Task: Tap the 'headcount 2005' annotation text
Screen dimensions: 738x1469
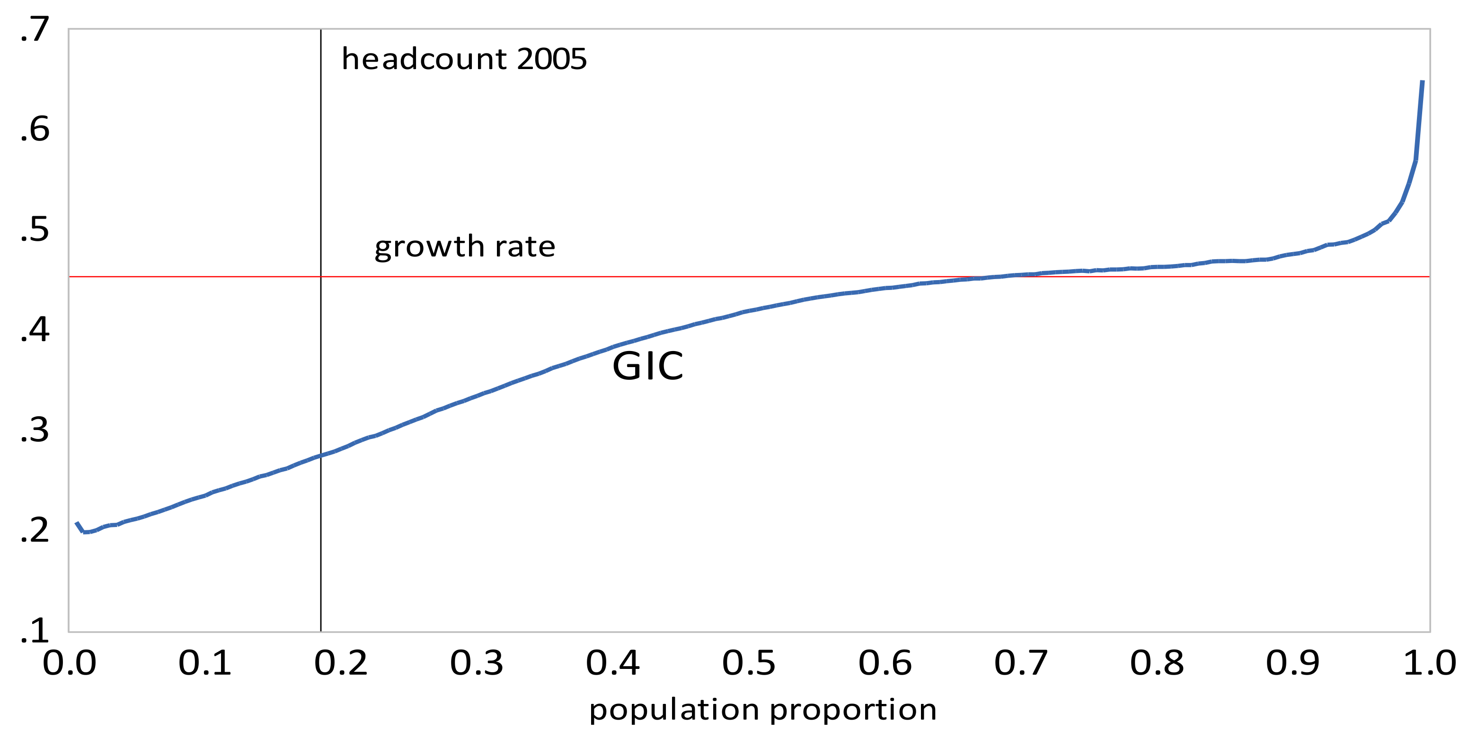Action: click(464, 59)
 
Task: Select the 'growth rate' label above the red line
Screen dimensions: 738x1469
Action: click(465, 247)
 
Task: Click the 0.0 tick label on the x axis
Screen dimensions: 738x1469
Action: click(70, 664)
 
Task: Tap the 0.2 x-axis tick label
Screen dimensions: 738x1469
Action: click(341, 664)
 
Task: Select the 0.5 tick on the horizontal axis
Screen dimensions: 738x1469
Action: click(749, 664)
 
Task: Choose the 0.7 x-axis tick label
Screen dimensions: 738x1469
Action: click(1021, 664)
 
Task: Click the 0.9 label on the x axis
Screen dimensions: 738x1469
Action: click(1293, 664)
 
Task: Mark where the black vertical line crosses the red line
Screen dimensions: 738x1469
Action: click(321, 277)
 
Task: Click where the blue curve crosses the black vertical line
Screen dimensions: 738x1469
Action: click(321, 456)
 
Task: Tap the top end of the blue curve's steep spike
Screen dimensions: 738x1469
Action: click(1422, 81)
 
